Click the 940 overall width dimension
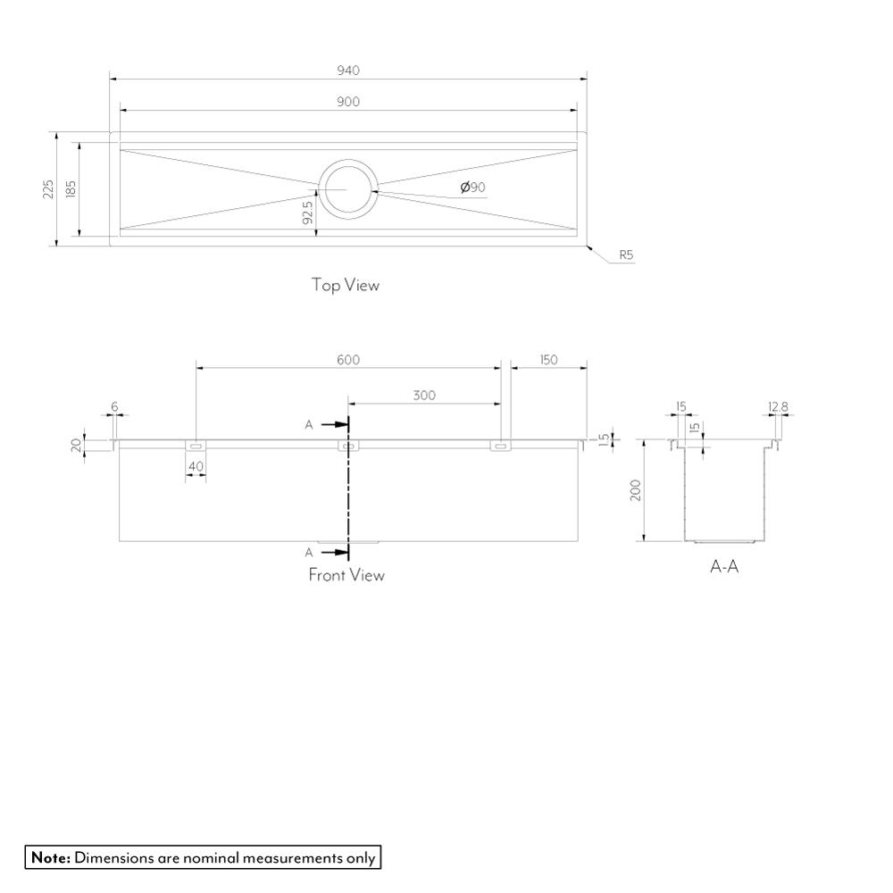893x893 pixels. [x=348, y=71]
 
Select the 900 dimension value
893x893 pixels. [x=348, y=102]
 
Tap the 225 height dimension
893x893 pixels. [x=48, y=189]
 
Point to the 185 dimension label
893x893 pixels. [x=71, y=189]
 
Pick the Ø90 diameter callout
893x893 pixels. [x=472, y=188]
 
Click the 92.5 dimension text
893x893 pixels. [x=307, y=214]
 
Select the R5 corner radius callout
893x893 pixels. [x=626, y=255]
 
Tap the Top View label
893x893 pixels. [x=345, y=285]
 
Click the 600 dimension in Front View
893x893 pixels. [x=348, y=360]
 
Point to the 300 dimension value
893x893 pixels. [x=425, y=396]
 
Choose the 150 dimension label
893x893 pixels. [x=548, y=360]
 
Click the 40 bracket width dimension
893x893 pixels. [x=196, y=467]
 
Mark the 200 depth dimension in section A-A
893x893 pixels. [x=637, y=490]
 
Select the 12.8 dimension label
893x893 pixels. [x=778, y=407]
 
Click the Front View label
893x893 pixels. [x=346, y=575]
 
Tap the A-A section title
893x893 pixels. [x=724, y=566]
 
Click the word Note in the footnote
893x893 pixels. [x=51, y=858]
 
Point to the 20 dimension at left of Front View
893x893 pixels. [x=77, y=444]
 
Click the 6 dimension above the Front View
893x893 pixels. [x=114, y=407]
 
